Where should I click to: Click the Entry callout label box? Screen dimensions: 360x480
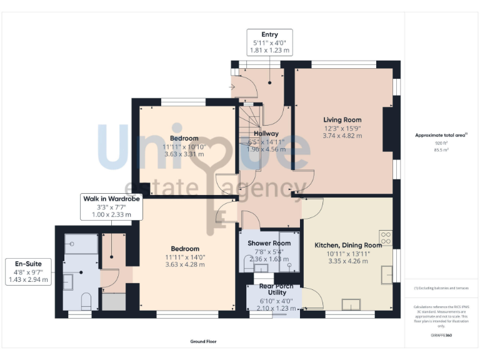click(x=269, y=42)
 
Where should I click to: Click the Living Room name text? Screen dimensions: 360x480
click(x=342, y=120)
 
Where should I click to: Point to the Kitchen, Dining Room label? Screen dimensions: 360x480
click(x=347, y=246)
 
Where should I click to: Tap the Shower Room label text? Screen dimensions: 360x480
click(x=269, y=243)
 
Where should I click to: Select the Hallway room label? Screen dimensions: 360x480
click(x=266, y=134)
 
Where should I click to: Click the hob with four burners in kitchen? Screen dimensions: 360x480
click(x=386, y=237)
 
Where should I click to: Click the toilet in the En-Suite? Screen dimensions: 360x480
click(x=87, y=301)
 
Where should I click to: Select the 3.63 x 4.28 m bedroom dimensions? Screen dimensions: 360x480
click(x=184, y=264)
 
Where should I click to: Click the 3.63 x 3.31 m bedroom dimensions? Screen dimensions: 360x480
click(x=184, y=154)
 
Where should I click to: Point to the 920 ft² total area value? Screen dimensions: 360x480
click(x=442, y=142)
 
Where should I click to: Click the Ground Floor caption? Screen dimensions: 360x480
click(x=204, y=342)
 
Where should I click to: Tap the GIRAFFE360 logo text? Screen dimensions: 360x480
click(x=441, y=336)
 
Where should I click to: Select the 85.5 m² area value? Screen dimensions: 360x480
click(x=442, y=149)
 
